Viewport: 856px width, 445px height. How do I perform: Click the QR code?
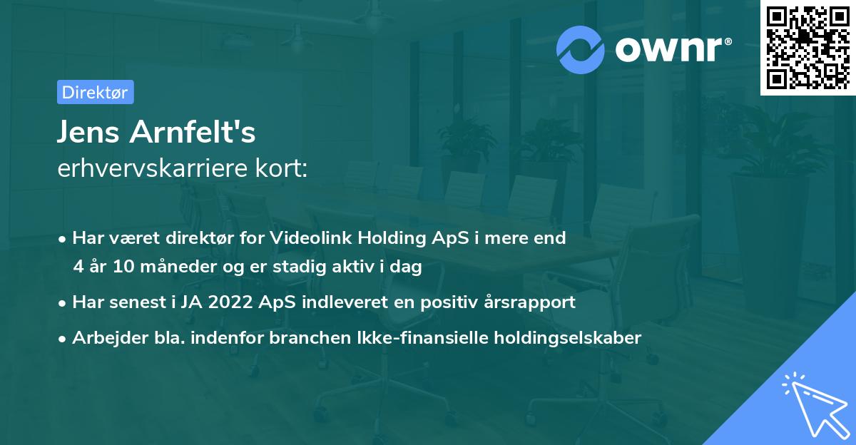tap(807, 48)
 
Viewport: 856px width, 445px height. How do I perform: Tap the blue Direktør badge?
tap(95, 92)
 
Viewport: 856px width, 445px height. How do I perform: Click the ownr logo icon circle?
tap(581, 49)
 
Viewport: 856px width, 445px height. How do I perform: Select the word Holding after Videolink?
tap(391, 238)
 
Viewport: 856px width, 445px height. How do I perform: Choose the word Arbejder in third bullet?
tap(104, 337)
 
